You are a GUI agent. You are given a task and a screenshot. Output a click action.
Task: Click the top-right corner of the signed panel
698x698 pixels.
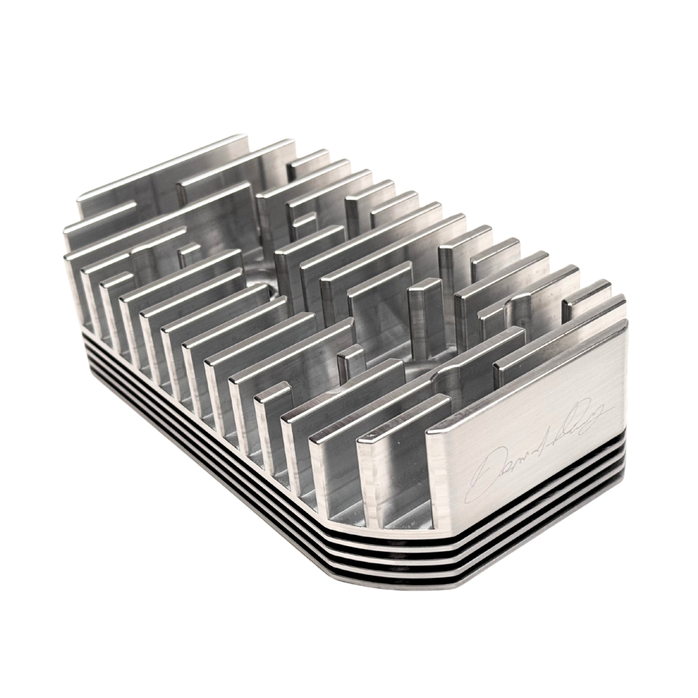[626, 321]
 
